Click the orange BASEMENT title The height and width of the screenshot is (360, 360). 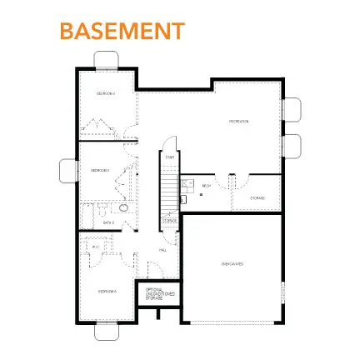point(121,31)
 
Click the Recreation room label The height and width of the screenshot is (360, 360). point(240,122)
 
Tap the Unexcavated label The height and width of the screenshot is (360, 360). point(232,263)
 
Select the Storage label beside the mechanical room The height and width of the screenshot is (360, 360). point(257,197)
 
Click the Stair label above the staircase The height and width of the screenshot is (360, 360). point(169,157)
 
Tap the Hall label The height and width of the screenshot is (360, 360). point(162,249)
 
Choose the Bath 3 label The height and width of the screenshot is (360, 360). point(107,222)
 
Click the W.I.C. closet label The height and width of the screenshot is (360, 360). point(96,247)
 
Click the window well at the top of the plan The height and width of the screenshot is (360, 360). point(108,59)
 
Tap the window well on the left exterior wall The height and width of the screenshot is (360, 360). point(67,171)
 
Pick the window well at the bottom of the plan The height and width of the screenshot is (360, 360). point(107,331)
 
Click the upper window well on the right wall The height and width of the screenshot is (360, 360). point(293,109)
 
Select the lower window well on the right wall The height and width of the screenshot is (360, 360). point(293,143)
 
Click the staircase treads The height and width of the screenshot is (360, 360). point(169,187)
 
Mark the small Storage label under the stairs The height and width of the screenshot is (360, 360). point(170,221)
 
